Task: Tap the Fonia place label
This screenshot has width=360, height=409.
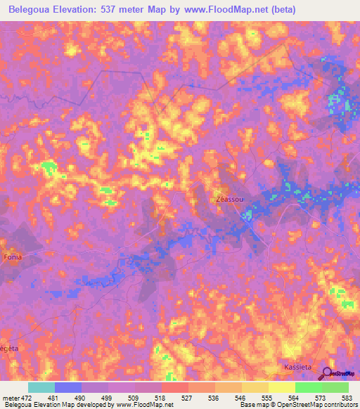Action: pos(13,257)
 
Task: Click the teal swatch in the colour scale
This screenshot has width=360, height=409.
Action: pos(41,387)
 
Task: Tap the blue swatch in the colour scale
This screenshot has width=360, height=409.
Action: pos(68,387)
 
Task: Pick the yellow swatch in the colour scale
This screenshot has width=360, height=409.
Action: pos(282,387)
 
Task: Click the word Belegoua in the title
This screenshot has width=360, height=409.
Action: pos(34,10)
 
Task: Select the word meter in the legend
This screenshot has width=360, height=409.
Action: pos(11,397)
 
